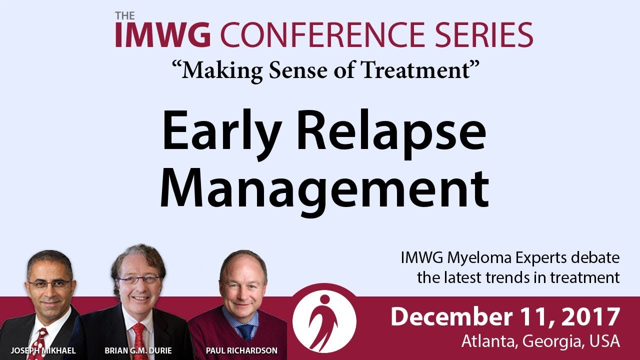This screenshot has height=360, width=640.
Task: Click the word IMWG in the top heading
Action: click(163, 34)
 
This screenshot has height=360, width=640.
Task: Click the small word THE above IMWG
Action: click(125, 16)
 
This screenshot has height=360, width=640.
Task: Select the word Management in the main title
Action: click(324, 190)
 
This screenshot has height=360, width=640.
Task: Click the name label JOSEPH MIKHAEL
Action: click(43, 350)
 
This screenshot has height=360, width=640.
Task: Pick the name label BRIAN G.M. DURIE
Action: click(138, 350)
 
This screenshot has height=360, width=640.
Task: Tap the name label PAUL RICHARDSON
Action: click(241, 350)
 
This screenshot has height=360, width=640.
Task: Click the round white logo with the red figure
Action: click(324, 321)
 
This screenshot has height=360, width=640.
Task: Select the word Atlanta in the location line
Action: click(489, 341)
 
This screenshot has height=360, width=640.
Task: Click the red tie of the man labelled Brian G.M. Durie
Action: click(139, 341)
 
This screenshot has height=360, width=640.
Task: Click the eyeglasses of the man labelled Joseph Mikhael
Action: click(50, 283)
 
